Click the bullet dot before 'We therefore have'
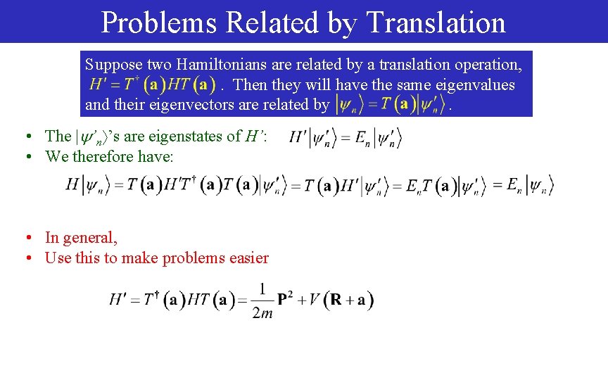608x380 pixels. pos(26,157)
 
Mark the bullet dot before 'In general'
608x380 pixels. pos(26,239)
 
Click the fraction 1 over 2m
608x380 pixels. pos(262,300)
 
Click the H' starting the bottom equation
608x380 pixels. pos(118,299)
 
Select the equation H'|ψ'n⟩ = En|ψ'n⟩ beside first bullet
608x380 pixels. pos(345,137)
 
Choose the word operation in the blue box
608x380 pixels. pos(483,65)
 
